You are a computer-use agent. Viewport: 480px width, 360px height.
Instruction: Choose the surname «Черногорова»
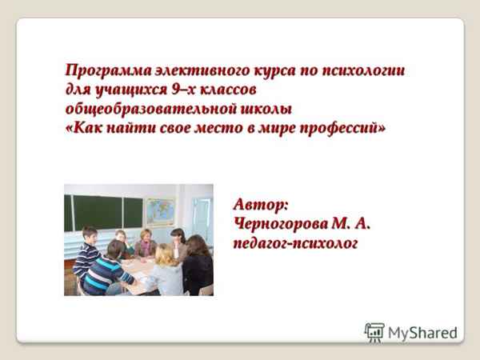pos(281,222)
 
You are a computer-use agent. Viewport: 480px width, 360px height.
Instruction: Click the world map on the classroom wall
pos(160,210)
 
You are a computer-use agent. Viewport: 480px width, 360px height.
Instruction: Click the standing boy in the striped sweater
pos(86,251)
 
